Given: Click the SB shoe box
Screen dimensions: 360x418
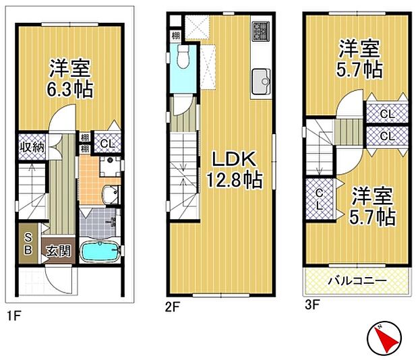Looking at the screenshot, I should [28, 243].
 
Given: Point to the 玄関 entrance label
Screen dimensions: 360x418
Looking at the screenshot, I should [57, 251].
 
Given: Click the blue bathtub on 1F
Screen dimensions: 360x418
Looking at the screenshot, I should [99, 252].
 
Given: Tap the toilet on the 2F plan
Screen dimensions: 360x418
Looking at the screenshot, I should [182, 60].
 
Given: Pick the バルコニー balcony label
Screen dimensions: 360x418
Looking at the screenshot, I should [357, 280].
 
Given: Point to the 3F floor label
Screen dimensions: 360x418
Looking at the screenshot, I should [311, 305].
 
